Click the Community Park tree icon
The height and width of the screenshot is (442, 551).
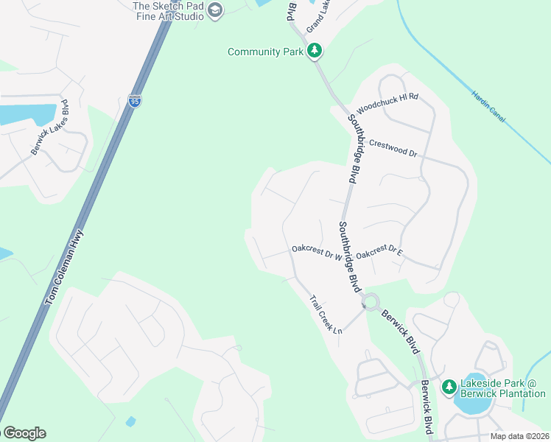315,51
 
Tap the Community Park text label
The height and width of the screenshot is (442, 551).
266,52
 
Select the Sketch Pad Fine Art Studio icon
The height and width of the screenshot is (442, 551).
215,10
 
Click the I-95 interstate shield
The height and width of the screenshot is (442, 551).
134,101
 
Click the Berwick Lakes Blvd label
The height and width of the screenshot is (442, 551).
50,127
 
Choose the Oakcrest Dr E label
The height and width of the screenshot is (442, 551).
379,253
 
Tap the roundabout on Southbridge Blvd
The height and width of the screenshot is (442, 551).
371,303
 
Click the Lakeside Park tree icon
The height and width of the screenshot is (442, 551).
448,387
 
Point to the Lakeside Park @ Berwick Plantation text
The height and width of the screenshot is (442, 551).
503,388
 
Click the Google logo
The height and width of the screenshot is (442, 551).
24,433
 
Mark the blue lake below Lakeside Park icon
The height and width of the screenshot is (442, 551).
472,404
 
